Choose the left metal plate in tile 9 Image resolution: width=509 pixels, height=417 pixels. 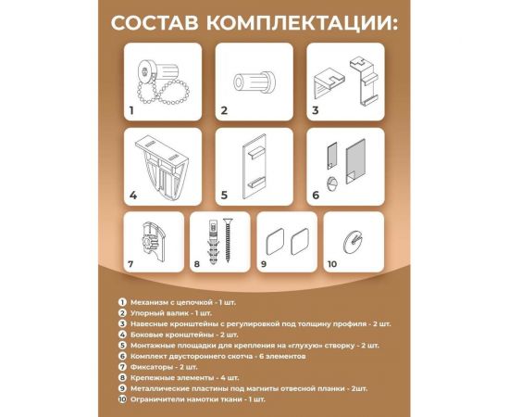(x=273, y=245)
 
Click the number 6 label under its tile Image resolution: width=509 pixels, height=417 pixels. (x=316, y=196)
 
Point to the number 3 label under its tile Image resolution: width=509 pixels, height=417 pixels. (x=316, y=110)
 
